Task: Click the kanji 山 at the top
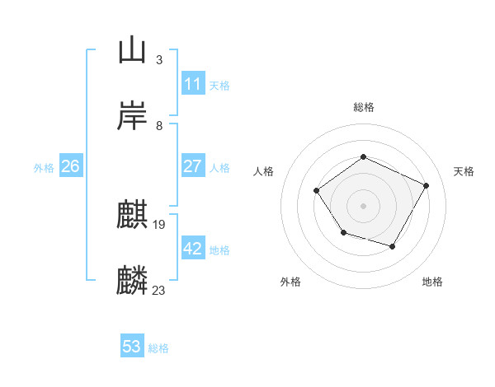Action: (x=132, y=51)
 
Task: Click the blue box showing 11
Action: (x=192, y=84)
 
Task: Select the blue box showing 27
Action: (x=192, y=166)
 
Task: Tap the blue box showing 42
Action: (x=192, y=249)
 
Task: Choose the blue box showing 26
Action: (x=70, y=166)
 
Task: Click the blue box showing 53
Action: (x=132, y=347)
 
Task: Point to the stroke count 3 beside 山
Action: (x=158, y=60)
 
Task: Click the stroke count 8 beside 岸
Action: (x=158, y=126)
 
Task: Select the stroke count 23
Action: (x=159, y=291)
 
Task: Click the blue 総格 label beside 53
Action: (x=158, y=348)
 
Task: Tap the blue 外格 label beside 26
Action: (x=44, y=168)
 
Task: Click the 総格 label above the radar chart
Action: (x=363, y=107)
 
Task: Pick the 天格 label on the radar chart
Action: (x=464, y=171)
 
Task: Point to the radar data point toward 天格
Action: (x=426, y=185)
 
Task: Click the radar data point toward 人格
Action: (x=317, y=191)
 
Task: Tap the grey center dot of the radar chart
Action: (x=363, y=205)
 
